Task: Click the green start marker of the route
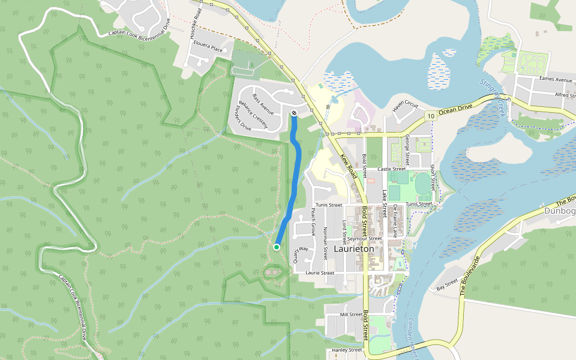[x=277, y=247]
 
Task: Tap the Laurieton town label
[x=353, y=248]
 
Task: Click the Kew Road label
[x=349, y=166]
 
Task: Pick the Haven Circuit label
[x=404, y=105]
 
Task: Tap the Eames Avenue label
[x=556, y=79]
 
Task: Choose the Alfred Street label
[x=565, y=95]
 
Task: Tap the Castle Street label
[x=392, y=169]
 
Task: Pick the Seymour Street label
[x=364, y=238]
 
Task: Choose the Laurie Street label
[x=319, y=272]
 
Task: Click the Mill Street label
[x=351, y=314]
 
